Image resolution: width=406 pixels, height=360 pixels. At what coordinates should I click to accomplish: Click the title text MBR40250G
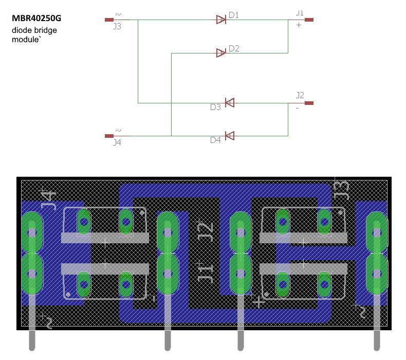pyautogui.click(x=36, y=19)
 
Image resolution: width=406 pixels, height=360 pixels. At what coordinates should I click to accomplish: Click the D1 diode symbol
pyautogui.click(x=221, y=20)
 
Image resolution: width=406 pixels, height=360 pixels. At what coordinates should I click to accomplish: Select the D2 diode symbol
pyautogui.click(x=221, y=52)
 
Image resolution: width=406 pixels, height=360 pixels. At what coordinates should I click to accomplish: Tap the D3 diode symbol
pyautogui.click(x=230, y=103)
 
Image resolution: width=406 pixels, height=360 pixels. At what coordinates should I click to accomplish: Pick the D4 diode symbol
pyautogui.click(x=230, y=136)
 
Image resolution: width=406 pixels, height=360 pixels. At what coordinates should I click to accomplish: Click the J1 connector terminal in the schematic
pyautogui.click(x=309, y=20)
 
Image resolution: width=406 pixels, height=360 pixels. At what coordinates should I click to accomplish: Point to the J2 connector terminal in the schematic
pyautogui.click(x=309, y=103)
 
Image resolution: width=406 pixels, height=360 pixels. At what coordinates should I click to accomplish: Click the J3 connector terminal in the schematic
pyautogui.click(x=109, y=20)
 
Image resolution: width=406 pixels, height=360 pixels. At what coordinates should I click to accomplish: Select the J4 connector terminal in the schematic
pyautogui.click(x=109, y=136)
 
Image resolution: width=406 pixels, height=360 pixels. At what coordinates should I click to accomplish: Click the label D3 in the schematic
pyautogui.click(x=215, y=107)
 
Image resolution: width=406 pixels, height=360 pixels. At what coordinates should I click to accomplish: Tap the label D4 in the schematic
pyautogui.click(x=215, y=140)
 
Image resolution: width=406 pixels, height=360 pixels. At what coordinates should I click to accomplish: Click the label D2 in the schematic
pyautogui.click(x=234, y=48)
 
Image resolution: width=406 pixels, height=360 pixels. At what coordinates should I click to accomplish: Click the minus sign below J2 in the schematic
pyautogui.click(x=297, y=108)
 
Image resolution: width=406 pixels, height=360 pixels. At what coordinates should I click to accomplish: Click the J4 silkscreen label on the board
pyautogui.click(x=48, y=199)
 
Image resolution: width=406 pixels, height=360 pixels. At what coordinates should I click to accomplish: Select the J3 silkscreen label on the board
pyautogui.click(x=341, y=190)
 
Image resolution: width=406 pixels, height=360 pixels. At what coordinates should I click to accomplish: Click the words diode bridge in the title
pyautogui.click(x=34, y=30)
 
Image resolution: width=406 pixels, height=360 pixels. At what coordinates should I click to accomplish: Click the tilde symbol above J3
pyautogui.click(x=119, y=14)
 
